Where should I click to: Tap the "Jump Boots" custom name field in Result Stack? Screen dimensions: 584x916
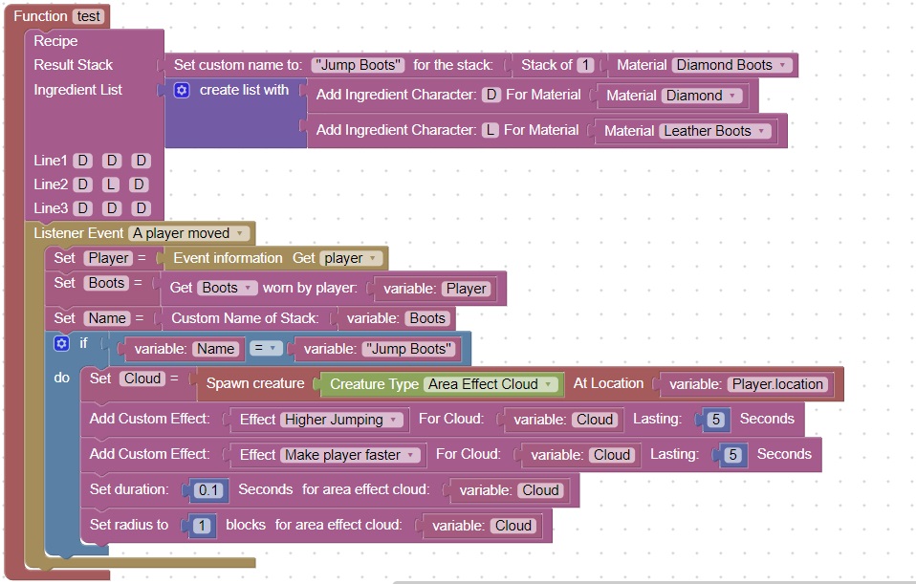tap(359, 65)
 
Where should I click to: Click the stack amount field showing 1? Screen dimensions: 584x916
tap(585, 65)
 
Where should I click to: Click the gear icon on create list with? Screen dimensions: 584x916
tap(182, 90)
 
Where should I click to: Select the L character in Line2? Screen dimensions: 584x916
tap(110, 184)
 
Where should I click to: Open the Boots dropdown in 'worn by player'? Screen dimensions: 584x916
tap(227, 288)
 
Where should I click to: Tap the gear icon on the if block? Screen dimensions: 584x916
tap(62, 343)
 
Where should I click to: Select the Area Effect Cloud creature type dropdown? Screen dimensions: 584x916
tap(491, 384)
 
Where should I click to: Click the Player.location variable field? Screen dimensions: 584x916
tap(777, 384)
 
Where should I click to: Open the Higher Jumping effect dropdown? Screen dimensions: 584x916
tap(338, 420)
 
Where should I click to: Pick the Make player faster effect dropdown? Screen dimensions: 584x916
tap(349, 455)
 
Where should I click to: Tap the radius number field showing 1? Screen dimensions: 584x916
tap(202, 526)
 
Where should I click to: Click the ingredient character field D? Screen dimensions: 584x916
tap(491, 96)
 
